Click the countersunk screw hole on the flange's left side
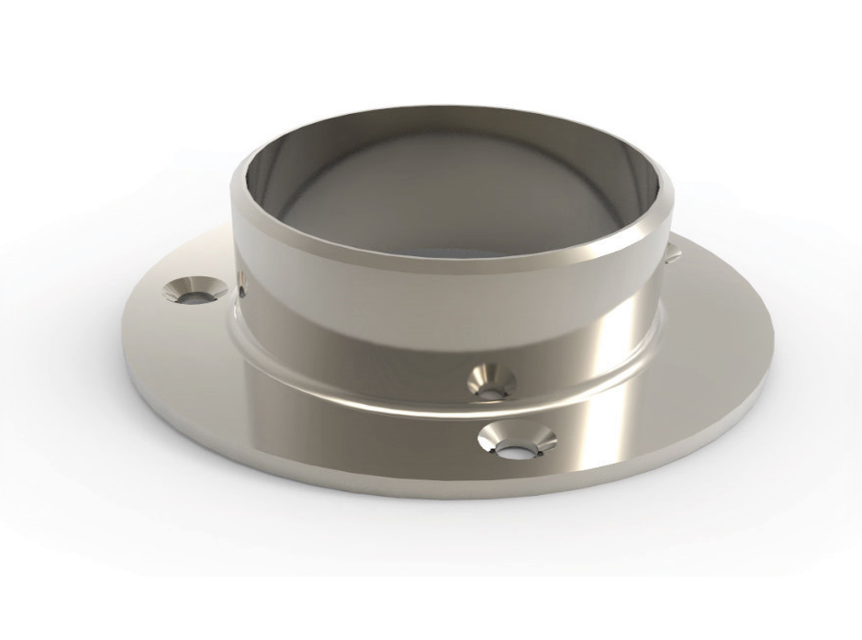pos(194,290)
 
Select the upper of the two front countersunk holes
pos(491,380)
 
